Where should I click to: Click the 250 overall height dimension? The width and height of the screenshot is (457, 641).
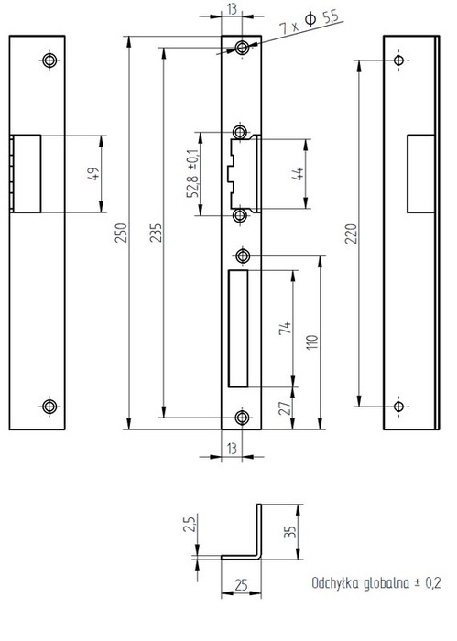click(121, 233)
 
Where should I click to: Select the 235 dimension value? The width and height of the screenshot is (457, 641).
click(156, 233)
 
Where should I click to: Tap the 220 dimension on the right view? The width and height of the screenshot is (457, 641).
click(351, 234)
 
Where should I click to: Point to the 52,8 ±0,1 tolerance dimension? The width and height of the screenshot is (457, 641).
click(192, 173)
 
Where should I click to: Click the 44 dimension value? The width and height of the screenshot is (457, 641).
click(298, 174)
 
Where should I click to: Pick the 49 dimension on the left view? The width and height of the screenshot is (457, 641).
click(93, 174)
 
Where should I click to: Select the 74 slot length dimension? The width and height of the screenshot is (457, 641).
click(286, 328)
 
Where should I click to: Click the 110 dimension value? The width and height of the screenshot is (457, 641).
click(312, 342)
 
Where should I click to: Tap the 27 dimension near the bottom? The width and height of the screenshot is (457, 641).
click(286, 408)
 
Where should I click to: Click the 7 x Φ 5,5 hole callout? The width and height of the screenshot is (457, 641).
click(310, 23)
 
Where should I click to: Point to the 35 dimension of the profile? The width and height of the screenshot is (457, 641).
click(289, 531)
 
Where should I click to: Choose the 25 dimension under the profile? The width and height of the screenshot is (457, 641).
click(241, 585)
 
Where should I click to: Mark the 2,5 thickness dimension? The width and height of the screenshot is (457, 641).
click(190, 523)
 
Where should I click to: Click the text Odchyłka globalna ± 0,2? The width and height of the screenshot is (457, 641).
click(376, 583)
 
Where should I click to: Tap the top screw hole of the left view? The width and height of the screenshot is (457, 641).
click(49, 60)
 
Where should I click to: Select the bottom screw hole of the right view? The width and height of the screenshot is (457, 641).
click(398, 407)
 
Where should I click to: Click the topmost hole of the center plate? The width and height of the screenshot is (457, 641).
click(243, 48)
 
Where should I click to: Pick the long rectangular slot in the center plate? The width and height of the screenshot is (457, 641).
click(238, 328)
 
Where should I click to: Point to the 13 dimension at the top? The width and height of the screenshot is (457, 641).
click(232, 9)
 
